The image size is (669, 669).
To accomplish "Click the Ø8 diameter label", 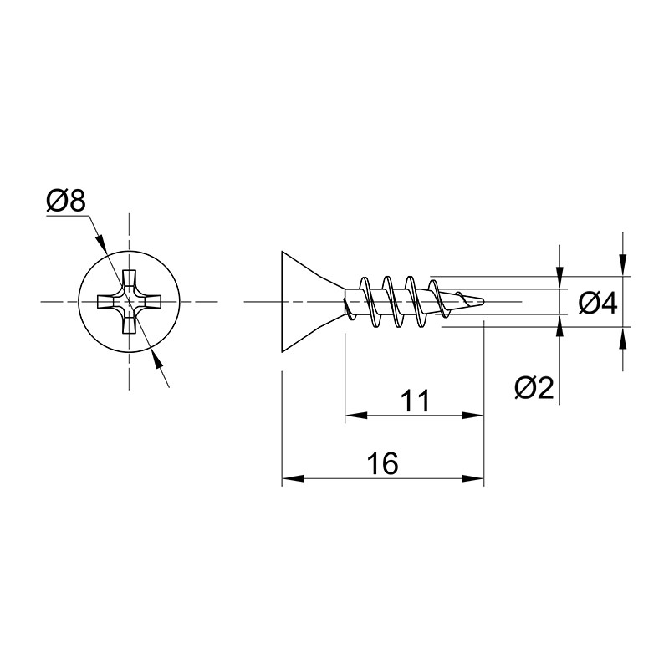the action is click(66, 201).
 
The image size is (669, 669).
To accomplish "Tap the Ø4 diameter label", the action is click(598, 304).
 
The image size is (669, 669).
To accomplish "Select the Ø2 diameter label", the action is click(534, 388).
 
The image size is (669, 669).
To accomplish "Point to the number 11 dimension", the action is click(416, 401).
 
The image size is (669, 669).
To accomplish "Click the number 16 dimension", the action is click(383, 463).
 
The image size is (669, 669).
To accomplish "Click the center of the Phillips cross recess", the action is click(129, 302).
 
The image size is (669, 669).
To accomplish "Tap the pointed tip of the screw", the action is click(484, 301).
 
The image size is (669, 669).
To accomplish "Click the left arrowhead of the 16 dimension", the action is click(294, 478).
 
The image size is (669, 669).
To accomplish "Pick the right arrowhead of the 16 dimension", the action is click(472, 478).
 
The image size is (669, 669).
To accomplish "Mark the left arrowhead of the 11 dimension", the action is click(356, 415).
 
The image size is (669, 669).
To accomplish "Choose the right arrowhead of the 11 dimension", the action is click(472, 415).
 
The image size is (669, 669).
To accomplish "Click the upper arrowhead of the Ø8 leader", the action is click(100, 242).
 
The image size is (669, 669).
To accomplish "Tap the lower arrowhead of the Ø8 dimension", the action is click(157, 362).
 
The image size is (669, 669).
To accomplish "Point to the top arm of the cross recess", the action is click(129, 279).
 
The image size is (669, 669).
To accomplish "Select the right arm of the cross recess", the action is click(151, 302).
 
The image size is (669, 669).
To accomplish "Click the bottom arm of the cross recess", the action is click(129, 324).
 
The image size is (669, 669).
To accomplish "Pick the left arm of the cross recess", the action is click(108, 302).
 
